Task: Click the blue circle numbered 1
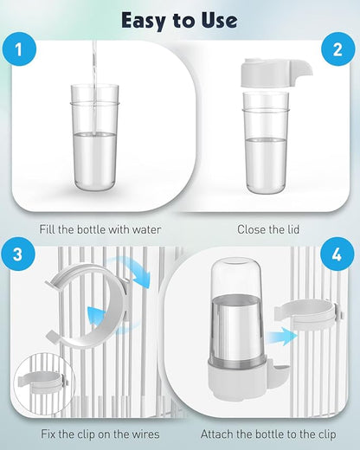pos(19,49)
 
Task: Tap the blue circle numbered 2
pos(337,49)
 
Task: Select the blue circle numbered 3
pos(18,254)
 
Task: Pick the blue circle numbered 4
pos(337,254)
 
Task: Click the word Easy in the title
pos(144,21)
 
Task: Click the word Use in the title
pos(219,20)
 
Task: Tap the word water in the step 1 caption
pos(146,229)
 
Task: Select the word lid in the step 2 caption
pos(292,229)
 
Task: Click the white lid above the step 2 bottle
pos(275,73)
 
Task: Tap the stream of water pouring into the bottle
pos(94,87)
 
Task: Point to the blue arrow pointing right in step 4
pos(281,336)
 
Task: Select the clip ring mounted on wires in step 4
pos(308,315)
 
